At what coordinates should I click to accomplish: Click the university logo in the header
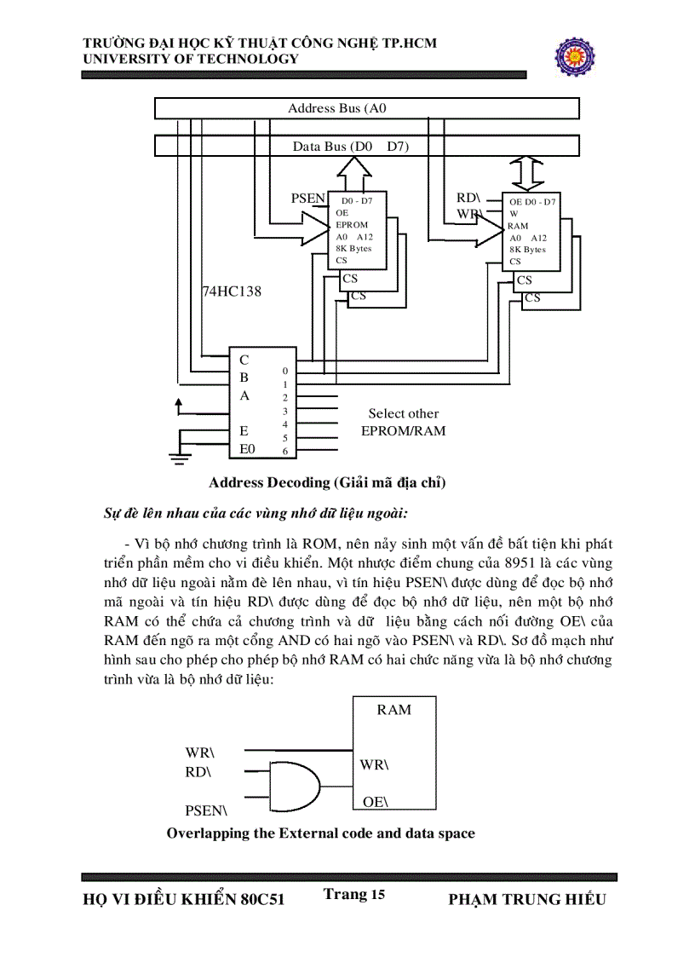[577, 55]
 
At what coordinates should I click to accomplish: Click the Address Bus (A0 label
[339, 108]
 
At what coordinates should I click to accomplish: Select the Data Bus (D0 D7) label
[351, 147]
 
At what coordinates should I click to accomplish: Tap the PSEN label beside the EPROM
[307, 199]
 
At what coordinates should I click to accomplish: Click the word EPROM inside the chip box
[352, 225]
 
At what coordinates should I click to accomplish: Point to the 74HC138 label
[232, 291]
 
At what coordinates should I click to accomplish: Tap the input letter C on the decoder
[244, 360]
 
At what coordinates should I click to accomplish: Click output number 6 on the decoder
[285, 451]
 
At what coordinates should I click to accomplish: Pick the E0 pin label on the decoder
[247, 448]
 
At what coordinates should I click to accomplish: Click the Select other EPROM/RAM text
[403, 423]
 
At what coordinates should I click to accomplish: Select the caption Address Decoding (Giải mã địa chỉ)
[327, 483]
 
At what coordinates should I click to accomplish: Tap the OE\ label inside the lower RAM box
[375, 802]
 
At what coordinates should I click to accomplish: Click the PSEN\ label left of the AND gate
[205, 810]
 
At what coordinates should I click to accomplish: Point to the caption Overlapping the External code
[320, 833]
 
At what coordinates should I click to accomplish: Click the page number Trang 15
[354, 894]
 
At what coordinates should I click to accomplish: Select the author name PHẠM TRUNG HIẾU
[526, 900]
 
